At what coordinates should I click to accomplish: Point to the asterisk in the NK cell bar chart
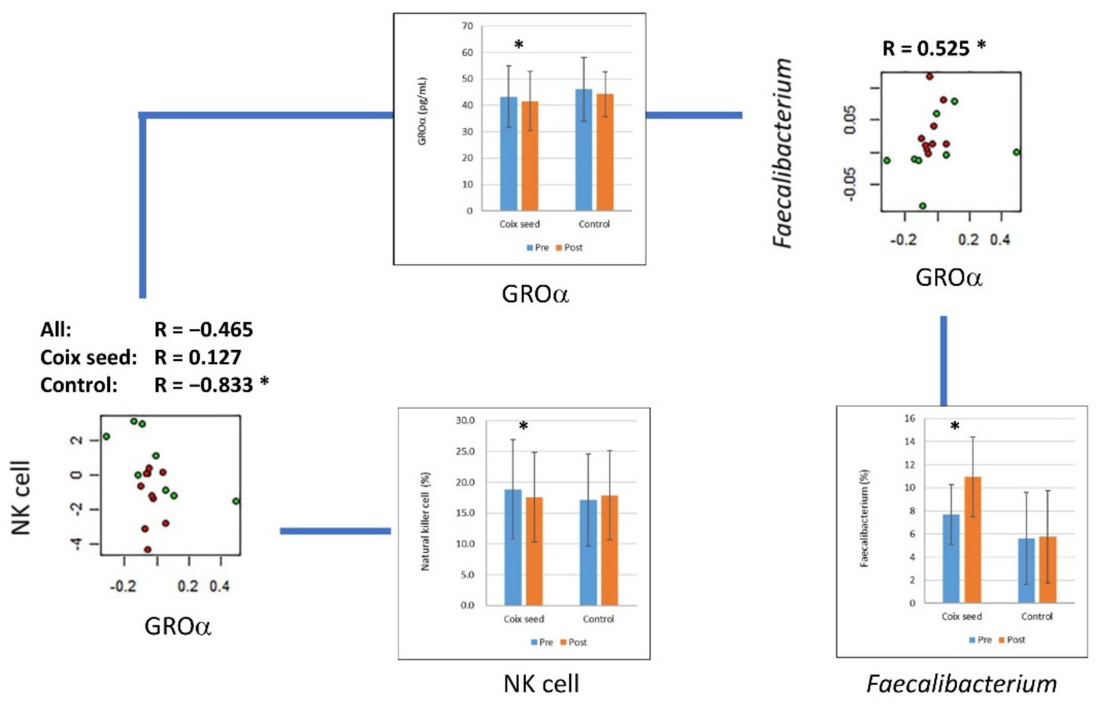pos(523,426)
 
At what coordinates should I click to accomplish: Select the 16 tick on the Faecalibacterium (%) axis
pos(909,418)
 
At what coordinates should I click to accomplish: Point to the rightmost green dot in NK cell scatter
pos(236,501)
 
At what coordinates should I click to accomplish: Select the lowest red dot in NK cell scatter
pos(147,549)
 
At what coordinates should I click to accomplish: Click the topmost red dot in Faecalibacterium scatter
pos(930,77)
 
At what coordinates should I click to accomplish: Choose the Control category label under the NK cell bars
pos(598,619)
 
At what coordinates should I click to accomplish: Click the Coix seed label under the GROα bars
pos(519,224)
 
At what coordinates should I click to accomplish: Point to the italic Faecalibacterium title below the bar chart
pos(961,684)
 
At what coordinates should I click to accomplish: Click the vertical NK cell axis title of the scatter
pos(20,498)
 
